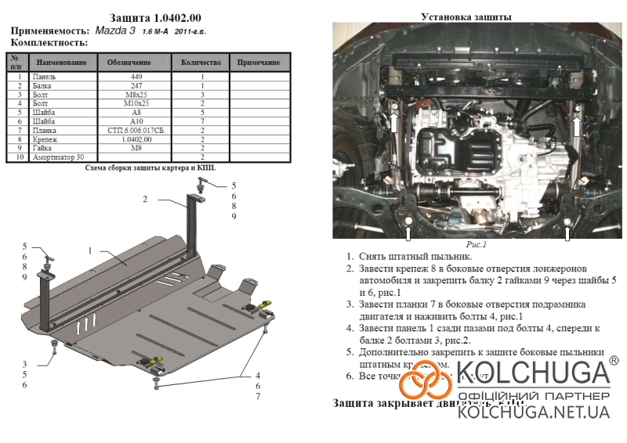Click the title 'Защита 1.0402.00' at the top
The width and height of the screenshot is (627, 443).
click(149, 17)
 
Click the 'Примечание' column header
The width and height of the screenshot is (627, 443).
click(259, 62)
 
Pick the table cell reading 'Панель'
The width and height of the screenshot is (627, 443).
click(46, 77)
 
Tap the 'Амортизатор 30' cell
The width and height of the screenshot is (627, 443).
click(60, 157)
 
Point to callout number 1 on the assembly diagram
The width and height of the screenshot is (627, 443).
click(91, 250)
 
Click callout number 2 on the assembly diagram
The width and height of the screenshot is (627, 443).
click(145, 200)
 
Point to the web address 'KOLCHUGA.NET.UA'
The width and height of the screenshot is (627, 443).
click(533, 411)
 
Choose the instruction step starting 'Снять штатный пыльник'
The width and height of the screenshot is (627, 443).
click(415, 257)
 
